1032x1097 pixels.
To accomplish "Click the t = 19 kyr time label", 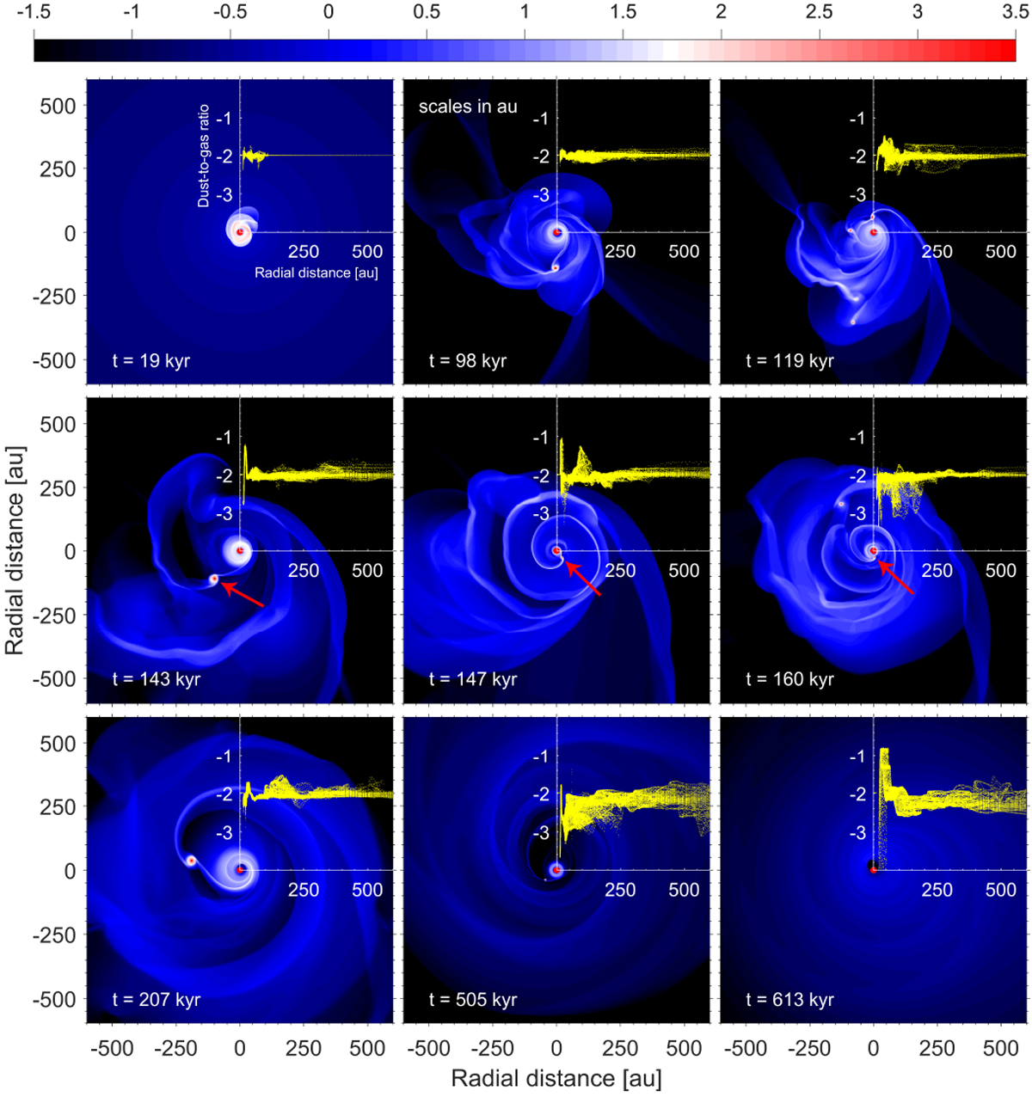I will coord(150,360).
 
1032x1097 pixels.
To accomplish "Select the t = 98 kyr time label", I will coord(467,360).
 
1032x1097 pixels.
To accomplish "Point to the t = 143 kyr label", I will coord(156,679).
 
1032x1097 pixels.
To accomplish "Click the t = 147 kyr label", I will coord(472,679).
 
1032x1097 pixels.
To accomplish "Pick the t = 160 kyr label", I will coord(789,679).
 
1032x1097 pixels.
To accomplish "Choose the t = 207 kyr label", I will coord(156,1000).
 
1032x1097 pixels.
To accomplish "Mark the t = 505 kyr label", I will coord(472,1000).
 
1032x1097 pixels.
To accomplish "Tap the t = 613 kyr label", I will coord(789,1000).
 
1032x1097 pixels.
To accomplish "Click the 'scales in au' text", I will coord(468,107).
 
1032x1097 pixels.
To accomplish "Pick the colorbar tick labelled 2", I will coord(721,13).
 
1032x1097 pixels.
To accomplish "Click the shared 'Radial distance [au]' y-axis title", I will coord(16,550).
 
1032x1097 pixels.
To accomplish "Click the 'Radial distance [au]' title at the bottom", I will coord(556,1078).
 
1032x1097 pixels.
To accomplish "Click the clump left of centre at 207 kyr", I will coord(191,860).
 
